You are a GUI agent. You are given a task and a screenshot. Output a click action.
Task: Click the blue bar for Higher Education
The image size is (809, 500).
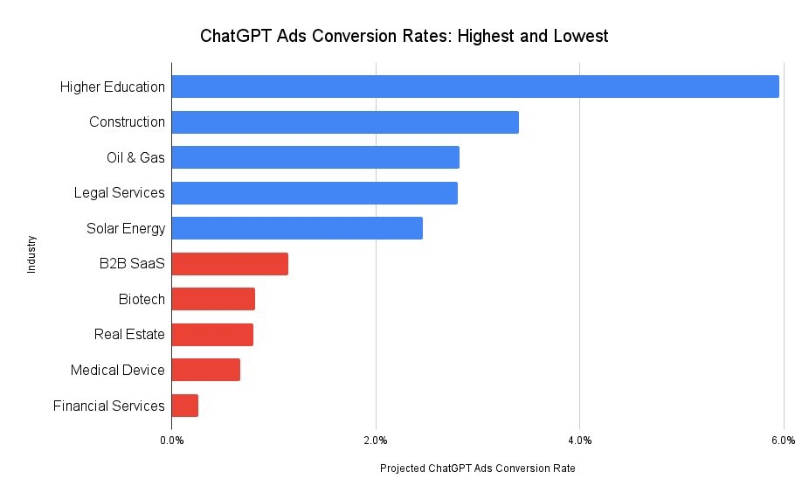click(x=474, y=87)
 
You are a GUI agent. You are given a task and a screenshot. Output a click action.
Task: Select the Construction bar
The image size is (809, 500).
click(x=345, y=122)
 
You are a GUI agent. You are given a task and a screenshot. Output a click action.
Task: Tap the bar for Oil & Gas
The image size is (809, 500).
click(x=315, y=157)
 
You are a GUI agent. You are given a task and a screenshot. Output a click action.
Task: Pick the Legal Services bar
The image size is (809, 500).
click(x=315, y=192)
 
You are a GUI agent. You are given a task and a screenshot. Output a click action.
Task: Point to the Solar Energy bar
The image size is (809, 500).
click(x=297, y=228)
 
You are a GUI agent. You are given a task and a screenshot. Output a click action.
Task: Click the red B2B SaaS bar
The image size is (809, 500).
click(x=230, y=264)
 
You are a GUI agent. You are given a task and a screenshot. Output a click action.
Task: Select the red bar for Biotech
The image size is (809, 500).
click(x=213, y=299)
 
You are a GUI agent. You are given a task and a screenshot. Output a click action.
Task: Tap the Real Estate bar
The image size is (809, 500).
click(x=212, y=335)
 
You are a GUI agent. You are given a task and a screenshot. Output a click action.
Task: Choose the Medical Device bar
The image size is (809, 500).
click(x=206, y=370)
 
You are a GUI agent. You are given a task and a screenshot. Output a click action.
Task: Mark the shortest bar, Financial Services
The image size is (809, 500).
click(x=185, y=406)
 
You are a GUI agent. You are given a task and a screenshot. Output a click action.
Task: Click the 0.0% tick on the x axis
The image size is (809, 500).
click(x=172, y=440)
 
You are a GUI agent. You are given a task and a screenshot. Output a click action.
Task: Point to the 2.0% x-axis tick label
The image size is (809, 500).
click(x=376, y=440)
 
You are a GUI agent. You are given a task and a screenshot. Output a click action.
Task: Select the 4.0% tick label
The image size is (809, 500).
click(x=580, y=440)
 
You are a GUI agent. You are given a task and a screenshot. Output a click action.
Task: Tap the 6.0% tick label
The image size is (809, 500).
click(x=784, y=440)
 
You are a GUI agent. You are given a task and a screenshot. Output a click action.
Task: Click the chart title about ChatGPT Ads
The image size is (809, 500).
click(x=404, y=37)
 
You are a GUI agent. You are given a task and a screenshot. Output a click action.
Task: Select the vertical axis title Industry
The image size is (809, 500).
click(x=32, y=254)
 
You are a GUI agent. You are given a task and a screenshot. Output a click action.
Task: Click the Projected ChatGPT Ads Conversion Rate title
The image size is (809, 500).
click(x=477, y=469)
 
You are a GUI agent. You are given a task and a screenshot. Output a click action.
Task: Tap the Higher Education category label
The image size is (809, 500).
click(x=112, y=87)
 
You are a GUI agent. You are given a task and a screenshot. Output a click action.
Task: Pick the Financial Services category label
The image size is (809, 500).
click(x=108, y=406)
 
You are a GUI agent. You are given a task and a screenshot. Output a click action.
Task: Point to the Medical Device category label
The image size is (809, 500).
click(x=117, y=370)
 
